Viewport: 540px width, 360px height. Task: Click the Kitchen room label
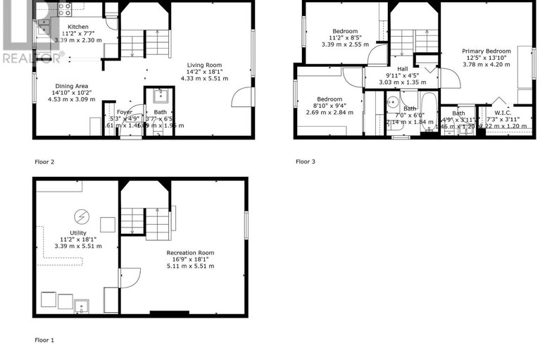pyautogui.click(x=78, y=27)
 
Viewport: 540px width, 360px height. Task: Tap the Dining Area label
pyautogui.click(x=68, y=86)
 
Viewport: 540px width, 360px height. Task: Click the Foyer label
pyautogui.click(x=125, y=111)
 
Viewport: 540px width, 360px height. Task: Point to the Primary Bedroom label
pyautogui.click(x=486, y=51)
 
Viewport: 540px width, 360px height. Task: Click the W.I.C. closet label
pyautogui.click(x=503, y=112)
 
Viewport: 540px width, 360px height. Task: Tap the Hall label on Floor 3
pyautogui.click(x=402, y=68)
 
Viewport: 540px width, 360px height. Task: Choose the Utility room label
pyautogui.click(x=78, y=232)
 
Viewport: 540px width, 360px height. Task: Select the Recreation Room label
pyautogui.click(x=190, y=252)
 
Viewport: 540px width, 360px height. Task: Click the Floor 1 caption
pyautogui.click(x=44, y=340)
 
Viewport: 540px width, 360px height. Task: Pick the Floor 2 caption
pyautogui.click(x=44, y=161)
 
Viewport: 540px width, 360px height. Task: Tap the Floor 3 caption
pyautogui.click(x=305, y=161)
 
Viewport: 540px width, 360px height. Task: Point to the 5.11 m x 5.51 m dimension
pyautogui.click(x=190, y=266)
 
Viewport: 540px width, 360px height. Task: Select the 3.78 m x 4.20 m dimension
pyautogui.click(x=486, y=65)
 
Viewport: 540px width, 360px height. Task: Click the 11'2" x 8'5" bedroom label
pyautogui.click(x=345, y=37)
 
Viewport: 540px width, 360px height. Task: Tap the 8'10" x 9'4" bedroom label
pyautogui.click(x=329, y=105)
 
